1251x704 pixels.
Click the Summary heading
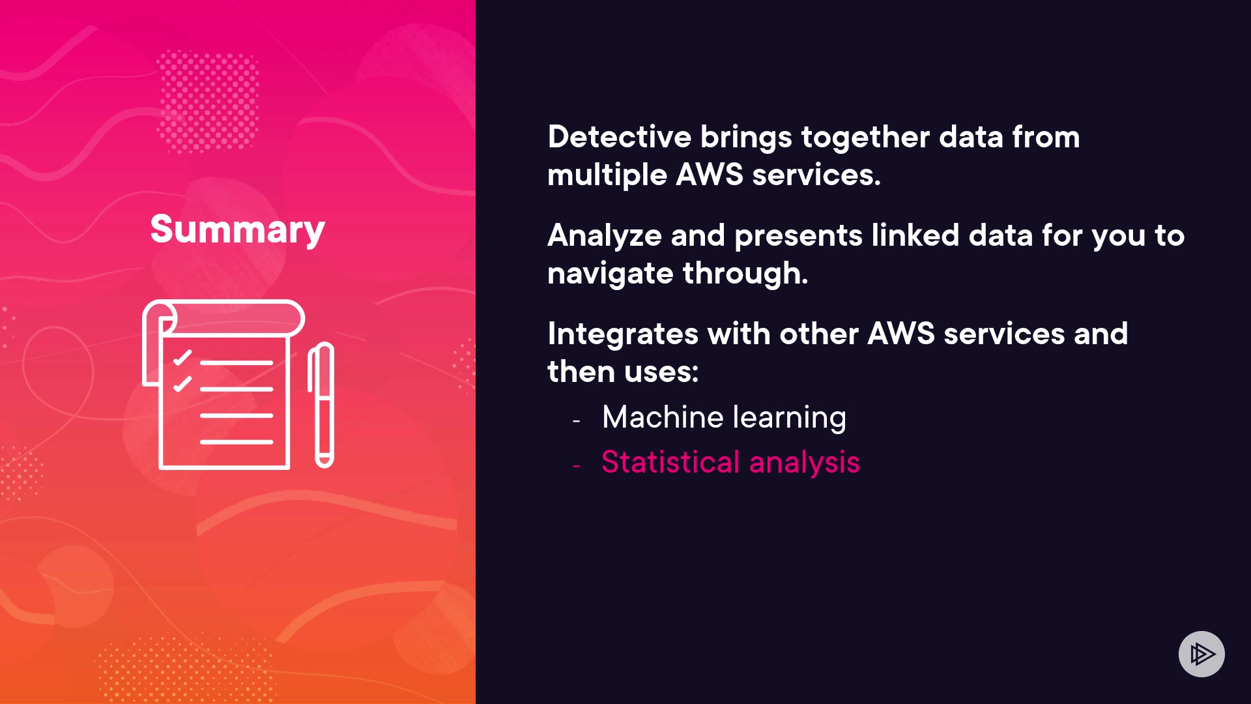coord(237,229)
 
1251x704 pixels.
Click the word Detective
coord(619,137)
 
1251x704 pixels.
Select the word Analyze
coord(604,235)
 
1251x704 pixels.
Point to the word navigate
coord(610,274)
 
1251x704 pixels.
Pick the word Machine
coord(663,417)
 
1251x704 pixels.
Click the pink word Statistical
coord(670,462)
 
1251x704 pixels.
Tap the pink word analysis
coord(804,463)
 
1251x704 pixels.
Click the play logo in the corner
coord(1201,654)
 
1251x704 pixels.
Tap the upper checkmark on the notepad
coord(182,357)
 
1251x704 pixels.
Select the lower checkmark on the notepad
coord(182,384)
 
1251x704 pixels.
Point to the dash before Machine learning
coord(576,421)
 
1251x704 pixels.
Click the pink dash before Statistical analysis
coord(576,466)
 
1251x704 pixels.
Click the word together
coord(865,138)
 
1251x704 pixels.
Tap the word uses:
coord(661,372)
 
